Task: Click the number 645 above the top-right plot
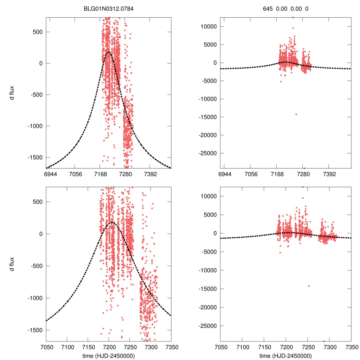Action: tap(268, 8)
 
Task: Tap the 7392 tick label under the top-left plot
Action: tap(150, 174)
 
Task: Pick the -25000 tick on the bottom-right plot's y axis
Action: tap(207, 326)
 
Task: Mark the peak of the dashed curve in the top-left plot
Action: tap(109, 52)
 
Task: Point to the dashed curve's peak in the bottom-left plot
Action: tap(112, 223)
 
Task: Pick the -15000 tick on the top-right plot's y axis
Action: tap(207, 117)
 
